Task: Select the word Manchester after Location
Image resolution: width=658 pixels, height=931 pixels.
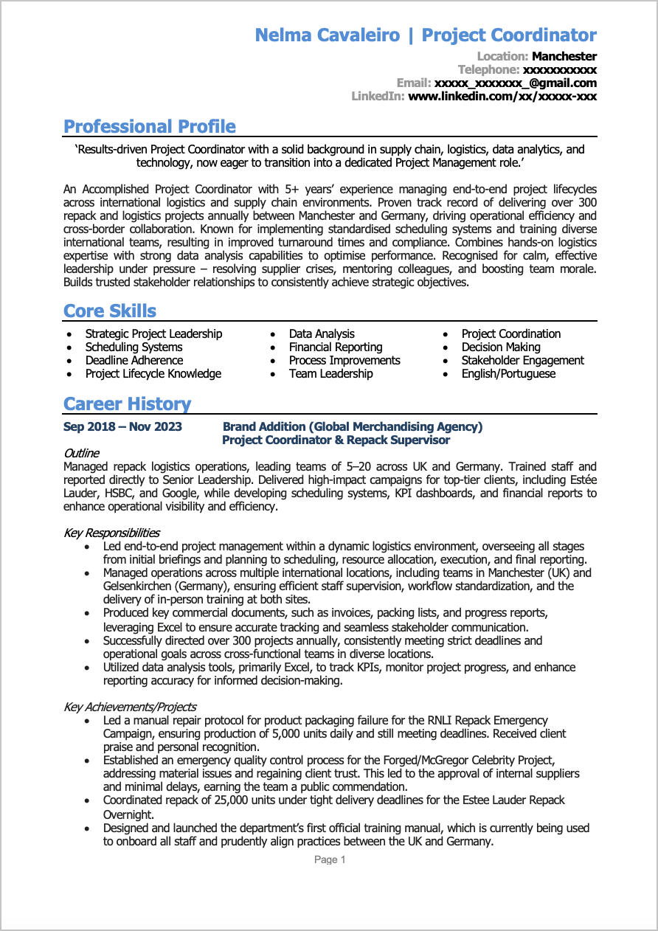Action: click(x=564, y=56)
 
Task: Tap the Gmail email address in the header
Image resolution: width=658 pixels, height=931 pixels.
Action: click(x=515, y=83)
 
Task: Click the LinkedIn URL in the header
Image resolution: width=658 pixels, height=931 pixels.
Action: click(x=502, y=96)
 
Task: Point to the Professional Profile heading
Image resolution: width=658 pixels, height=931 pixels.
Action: click(x=150, y=126)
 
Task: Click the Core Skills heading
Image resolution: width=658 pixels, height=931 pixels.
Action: click(x=110, y=311)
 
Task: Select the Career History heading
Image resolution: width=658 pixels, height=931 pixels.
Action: click(x=127, y=404)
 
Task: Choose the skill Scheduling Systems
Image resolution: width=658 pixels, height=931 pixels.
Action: click(x=134, y=347)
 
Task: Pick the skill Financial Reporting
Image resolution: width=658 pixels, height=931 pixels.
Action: click(x=336, y=347)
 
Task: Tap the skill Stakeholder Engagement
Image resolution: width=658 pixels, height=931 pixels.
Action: click(x=522, y=360)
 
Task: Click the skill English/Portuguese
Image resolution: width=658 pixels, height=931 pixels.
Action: click(x=508, y=373)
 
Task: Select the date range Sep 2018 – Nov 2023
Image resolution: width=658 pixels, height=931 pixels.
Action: click(x=122, y=426)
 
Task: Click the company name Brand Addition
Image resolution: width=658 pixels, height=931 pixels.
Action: click(x=264, y=426)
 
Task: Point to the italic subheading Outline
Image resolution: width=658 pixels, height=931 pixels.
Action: click(x=81, y=453)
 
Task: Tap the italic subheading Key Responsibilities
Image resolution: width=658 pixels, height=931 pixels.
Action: click(x=111, y=533)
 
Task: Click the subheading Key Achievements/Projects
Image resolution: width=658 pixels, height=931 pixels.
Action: click(x=130, y=707)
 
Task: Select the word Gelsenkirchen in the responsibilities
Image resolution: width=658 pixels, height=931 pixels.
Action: click(x=139, y=586)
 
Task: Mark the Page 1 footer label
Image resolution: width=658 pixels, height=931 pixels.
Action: click(x=330, y=859)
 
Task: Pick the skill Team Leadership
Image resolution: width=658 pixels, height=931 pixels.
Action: click(x=330, y=373)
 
